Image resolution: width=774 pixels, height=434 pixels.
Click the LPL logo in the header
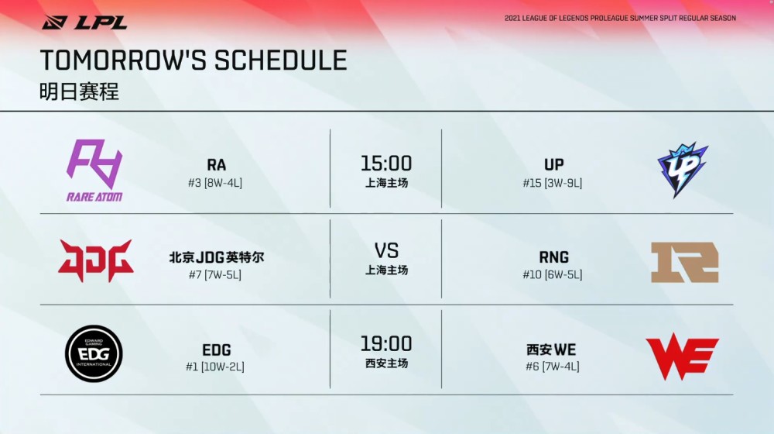pyautogui.click(x=84, y=22)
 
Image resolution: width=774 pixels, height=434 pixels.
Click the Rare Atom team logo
pyautogui.click(x=94, y=170)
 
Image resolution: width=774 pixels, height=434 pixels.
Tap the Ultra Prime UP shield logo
pyautogui.click(x=683, y=170)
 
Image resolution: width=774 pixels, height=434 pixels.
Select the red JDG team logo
pyautogui.click(x=96, y=260)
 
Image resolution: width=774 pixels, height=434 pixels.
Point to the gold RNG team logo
pyautogui.click(x=685, y=262)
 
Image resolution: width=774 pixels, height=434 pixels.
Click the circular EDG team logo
pyautogui.click(x=94, y=353)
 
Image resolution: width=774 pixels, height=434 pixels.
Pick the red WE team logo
pyautogui.click(x=682, y=356)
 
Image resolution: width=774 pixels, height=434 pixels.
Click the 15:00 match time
pyautogui.click(x=386, y=163)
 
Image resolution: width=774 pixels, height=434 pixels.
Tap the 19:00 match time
pyautogui.click(x=386, y=343)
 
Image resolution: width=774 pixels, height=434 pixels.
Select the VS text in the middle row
pyautogui.click(x=386, y=250)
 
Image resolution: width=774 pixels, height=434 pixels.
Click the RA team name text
pyautogui.click(x=216, y=164)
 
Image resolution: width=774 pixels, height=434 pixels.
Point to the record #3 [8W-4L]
pyautogui.click(x=215, y=183)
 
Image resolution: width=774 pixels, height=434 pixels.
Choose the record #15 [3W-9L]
pyautogui.click(x=553, y=183)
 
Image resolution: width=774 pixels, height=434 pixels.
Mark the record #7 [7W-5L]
pyautogui.click(x=215, y=274)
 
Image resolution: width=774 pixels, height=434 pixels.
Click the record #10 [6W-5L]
pyautogui.click(x=553, y=274)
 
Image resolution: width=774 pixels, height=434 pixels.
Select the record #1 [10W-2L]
pyautogui.click(x=215, y=367)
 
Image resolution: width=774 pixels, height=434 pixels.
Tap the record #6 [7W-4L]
pyautogui.click(x=553, y=367)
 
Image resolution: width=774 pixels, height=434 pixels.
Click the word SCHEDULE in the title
pyautogui.click(x=280, y=60)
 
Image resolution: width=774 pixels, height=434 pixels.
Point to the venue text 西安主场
pyautogui.click(x=386, y=363)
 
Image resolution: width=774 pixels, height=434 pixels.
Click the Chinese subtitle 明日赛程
pyautogui.click(x=79, y=92)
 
